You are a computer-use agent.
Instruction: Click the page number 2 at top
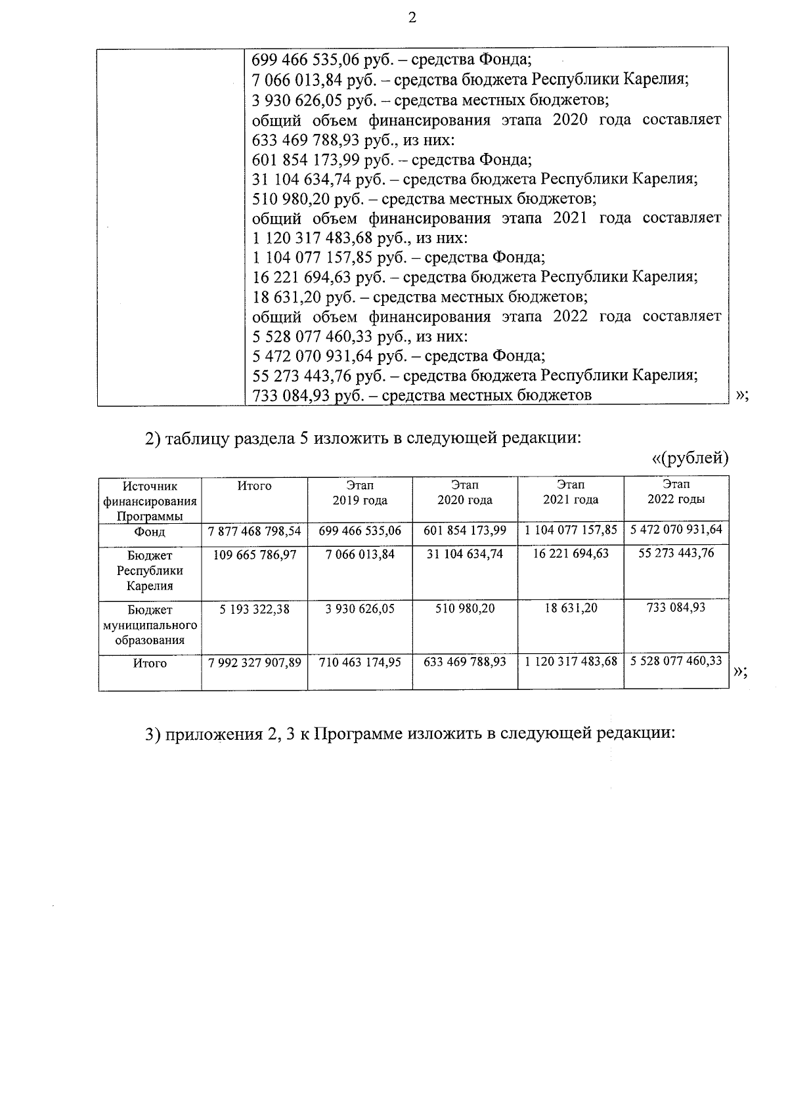click(412, 18)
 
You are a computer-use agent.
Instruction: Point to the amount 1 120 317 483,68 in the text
click(318, 238)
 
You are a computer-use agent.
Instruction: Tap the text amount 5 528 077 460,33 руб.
click(318, 337)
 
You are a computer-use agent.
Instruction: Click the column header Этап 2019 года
click(360, 492)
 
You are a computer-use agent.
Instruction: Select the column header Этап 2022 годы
click(676, 492)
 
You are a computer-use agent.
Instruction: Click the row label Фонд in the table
click(150, 532)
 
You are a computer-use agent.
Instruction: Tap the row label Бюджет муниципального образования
click(150, 625)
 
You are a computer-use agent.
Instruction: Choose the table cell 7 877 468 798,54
click(255, 530)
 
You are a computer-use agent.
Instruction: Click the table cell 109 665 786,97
click(255, 555)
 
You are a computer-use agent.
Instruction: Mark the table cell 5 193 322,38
click(255, 609)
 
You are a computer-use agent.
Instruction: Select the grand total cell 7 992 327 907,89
click(255, 663)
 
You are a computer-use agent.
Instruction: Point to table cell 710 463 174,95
click(360, 663)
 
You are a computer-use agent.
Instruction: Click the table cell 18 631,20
click(571, 609)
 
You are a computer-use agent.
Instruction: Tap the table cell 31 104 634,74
click(465, 554)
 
